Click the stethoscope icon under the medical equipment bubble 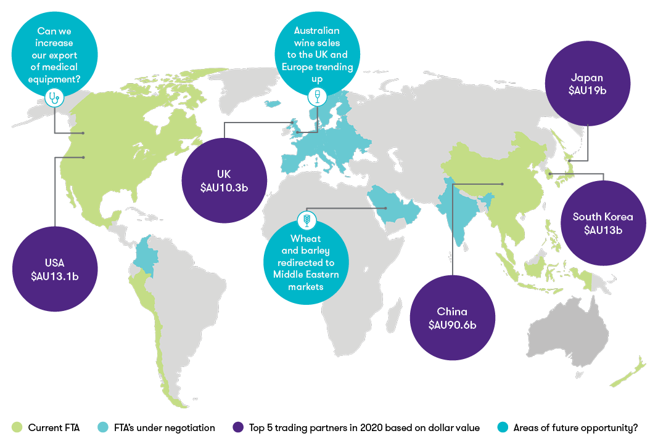click(56, 96)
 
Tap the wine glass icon click(318, 96)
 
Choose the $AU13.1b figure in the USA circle click(55, 275)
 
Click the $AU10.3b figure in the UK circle click(224, 187)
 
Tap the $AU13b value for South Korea click(602, 230)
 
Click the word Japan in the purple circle click(586, 78)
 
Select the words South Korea click(602, 217)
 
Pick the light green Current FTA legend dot click(17, 427)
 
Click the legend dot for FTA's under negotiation click(104, 427)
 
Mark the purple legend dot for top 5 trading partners click(239, 427)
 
